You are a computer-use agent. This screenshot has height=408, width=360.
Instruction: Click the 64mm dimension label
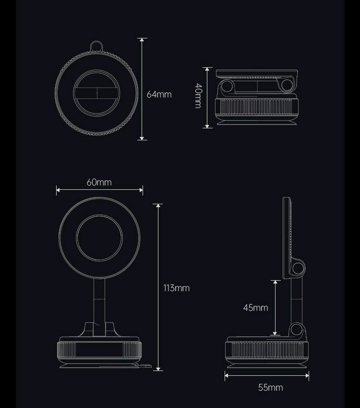click(x=159, y=94)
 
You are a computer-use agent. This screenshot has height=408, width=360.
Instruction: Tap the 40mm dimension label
click(x=198, y=96)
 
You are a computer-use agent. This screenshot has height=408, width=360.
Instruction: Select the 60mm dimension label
click(x=99, y=182)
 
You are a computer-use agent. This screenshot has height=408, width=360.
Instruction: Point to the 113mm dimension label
click(x=176, y=288)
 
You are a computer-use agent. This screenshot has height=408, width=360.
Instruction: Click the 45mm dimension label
click(x=255, y=308)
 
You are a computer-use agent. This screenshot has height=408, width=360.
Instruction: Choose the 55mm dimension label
click(x=271, y=387)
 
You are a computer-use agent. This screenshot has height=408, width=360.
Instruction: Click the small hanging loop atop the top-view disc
click(x=96, y=47)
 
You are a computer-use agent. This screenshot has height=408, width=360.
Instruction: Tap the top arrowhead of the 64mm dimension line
click(x=142, y=40)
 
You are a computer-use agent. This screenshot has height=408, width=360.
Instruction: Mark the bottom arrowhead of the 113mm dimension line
click(x=158, y=369)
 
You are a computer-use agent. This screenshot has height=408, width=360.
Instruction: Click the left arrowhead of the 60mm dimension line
click(x=58, y=190)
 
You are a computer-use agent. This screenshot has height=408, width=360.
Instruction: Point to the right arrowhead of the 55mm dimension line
click(x=307, y=375)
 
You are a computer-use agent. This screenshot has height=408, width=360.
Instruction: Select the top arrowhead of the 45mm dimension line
click(x=275, y=283)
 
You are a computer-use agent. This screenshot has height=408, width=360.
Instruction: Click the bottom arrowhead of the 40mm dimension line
click(x=207, y=126)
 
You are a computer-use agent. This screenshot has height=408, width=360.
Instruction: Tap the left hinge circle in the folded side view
click(x=227, y=86)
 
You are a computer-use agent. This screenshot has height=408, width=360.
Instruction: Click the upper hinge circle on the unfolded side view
click(x=298, y=268)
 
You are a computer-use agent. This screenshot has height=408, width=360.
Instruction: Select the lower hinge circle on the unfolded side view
click(x=297, y=330)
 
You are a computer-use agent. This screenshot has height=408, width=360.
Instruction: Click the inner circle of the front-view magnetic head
click(x=99, y=237)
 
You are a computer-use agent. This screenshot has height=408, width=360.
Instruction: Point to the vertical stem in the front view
click(x=99, y=307)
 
